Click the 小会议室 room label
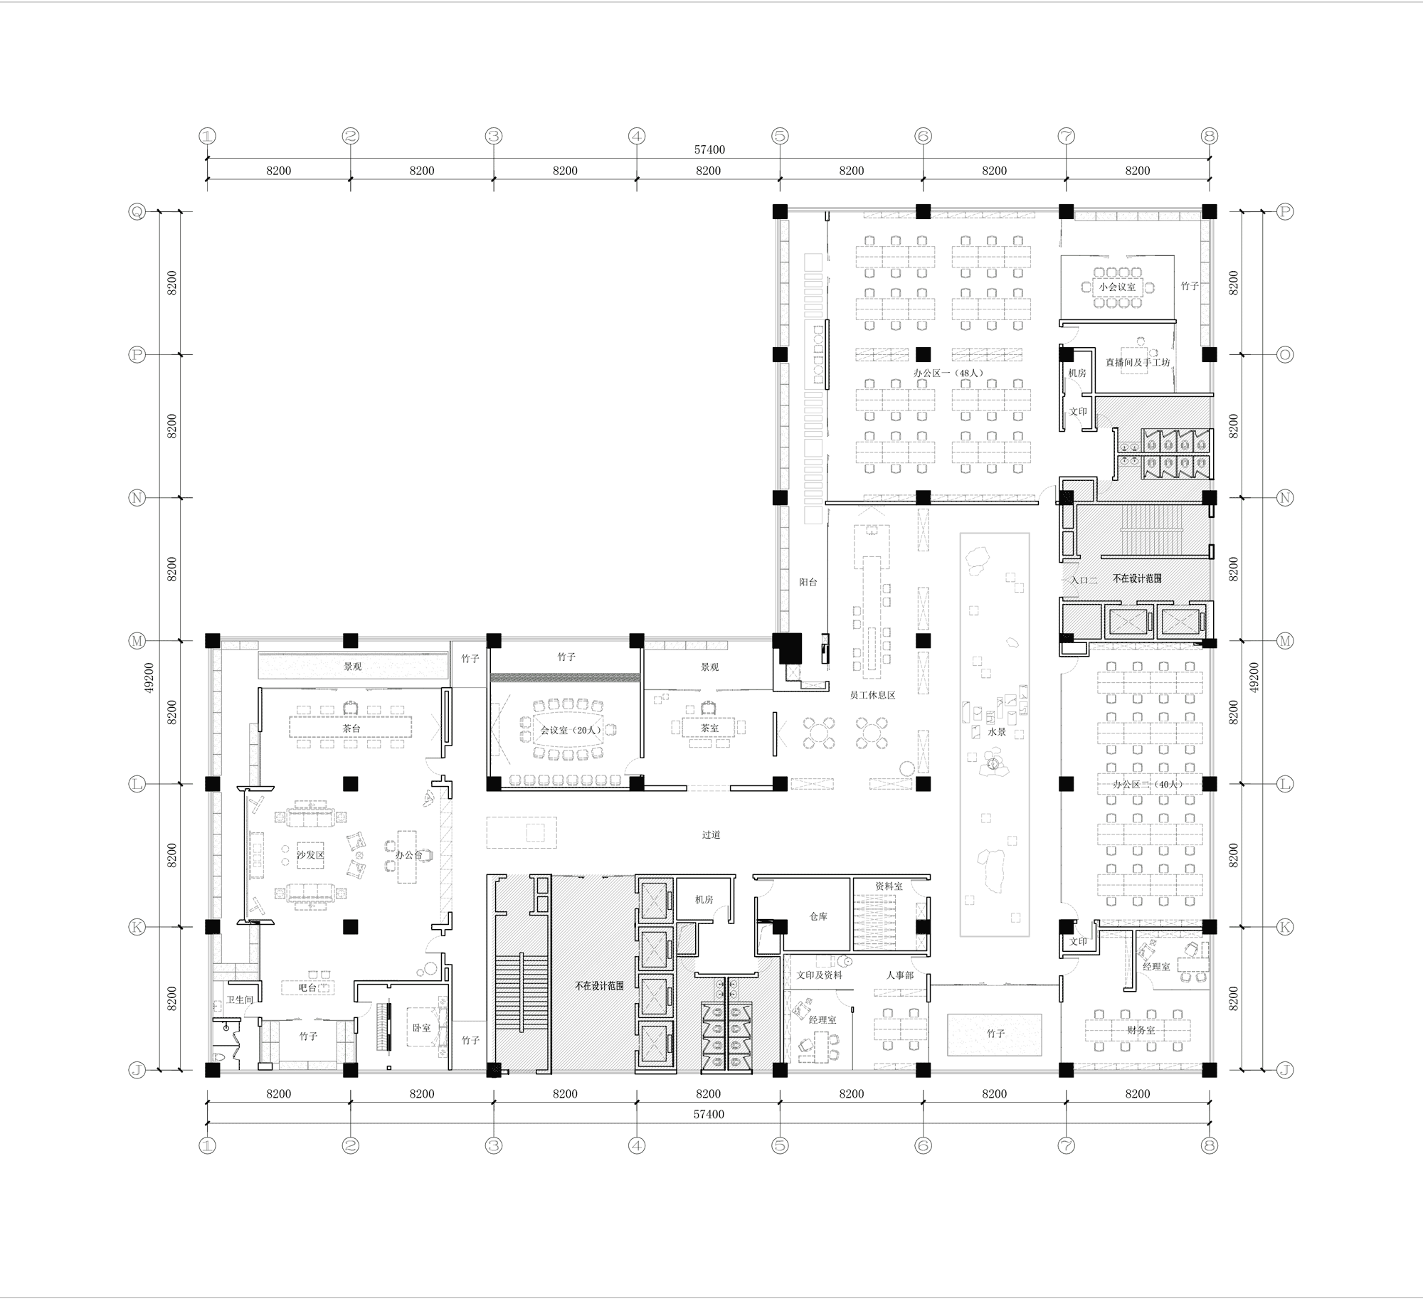point(1117,287)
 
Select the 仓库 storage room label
point(818,917)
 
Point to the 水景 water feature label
point(997,731)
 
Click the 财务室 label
point(1141,1030)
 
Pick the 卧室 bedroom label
point(421,1028)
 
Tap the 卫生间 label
point(240,1000)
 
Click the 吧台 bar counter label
point(307,988)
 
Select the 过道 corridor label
point(711,834)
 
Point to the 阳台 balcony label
point(808,582)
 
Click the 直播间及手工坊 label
point(1137,362)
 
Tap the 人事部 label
point(899,975)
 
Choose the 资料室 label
point(889,886)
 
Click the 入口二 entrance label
point(1084,580)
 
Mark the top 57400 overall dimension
point(709,150)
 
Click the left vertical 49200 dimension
point(149,678)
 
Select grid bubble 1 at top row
point(207,136)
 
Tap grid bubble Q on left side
point(137,211)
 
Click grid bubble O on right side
point(1284,354)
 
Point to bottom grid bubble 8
point(1209,1145)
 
